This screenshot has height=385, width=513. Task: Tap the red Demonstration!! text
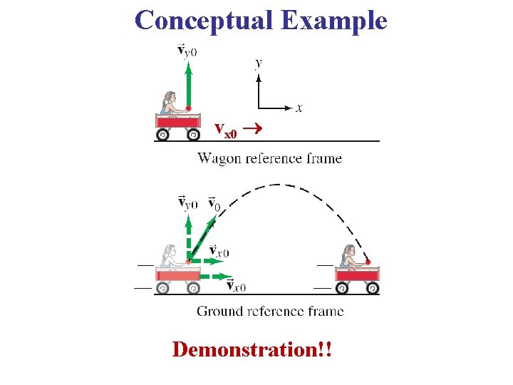[254, 350]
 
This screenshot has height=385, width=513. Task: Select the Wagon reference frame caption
[269, 158]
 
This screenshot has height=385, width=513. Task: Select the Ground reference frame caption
[270, 311]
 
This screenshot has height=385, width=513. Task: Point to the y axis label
[258, 63]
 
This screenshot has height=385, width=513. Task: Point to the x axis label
[299, 108]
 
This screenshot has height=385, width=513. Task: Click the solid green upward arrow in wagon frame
[188, 84]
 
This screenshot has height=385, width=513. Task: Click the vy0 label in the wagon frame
[187, 51]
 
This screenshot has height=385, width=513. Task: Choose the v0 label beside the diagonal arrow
[214, 205]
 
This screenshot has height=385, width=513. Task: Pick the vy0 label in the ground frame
[187, 203]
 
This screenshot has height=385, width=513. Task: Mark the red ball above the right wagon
[368, 262]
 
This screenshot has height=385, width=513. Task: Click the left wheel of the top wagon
[163, 135]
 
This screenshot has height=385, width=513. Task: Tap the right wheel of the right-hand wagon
[372, 288]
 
